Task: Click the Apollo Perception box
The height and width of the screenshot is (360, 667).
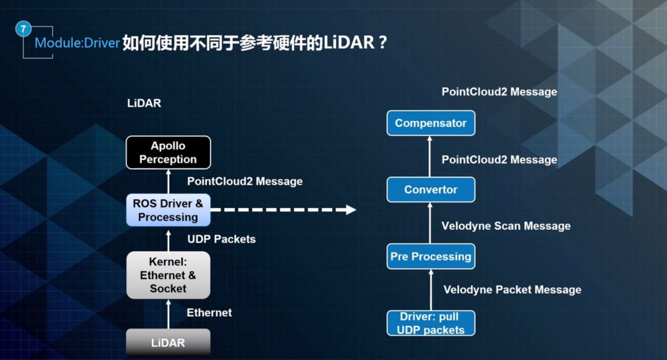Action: tap(168, 153)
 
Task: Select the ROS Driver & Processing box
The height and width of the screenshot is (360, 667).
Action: tap(168, 210)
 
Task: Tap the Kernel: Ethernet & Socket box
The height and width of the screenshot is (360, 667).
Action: tap(168, 275)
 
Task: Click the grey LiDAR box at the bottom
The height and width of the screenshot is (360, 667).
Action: tap(168, 342)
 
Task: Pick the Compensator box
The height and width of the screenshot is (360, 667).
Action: tap(430, 123)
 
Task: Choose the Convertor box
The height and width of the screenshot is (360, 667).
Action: tap(430, 190)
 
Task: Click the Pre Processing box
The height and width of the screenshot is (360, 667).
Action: tap(430, 256)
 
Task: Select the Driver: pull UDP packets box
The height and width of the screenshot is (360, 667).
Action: tap(430, 323)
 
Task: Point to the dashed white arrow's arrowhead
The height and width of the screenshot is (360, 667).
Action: tap(351, 209)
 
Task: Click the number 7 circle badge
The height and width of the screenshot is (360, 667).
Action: tap(23, 29)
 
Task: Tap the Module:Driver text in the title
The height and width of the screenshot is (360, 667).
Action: tap(77, 43)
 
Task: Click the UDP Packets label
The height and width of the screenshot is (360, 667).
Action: tap(221, 239)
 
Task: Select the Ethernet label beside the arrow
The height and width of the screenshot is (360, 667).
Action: tap(209, 313)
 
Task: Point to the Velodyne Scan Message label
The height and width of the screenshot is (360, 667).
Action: tap(506, 226)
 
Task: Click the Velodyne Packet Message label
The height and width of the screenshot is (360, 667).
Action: tap(512, 290)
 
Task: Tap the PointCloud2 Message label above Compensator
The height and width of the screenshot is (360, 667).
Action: tap(499, 92)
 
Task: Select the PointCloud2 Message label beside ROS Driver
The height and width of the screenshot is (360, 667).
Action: tap(245, 182)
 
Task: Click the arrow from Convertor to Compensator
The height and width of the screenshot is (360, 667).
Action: tap(430, 156)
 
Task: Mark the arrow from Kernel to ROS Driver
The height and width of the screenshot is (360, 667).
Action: tap(169, 241)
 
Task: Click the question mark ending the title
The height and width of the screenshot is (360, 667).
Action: tap(382, 43)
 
